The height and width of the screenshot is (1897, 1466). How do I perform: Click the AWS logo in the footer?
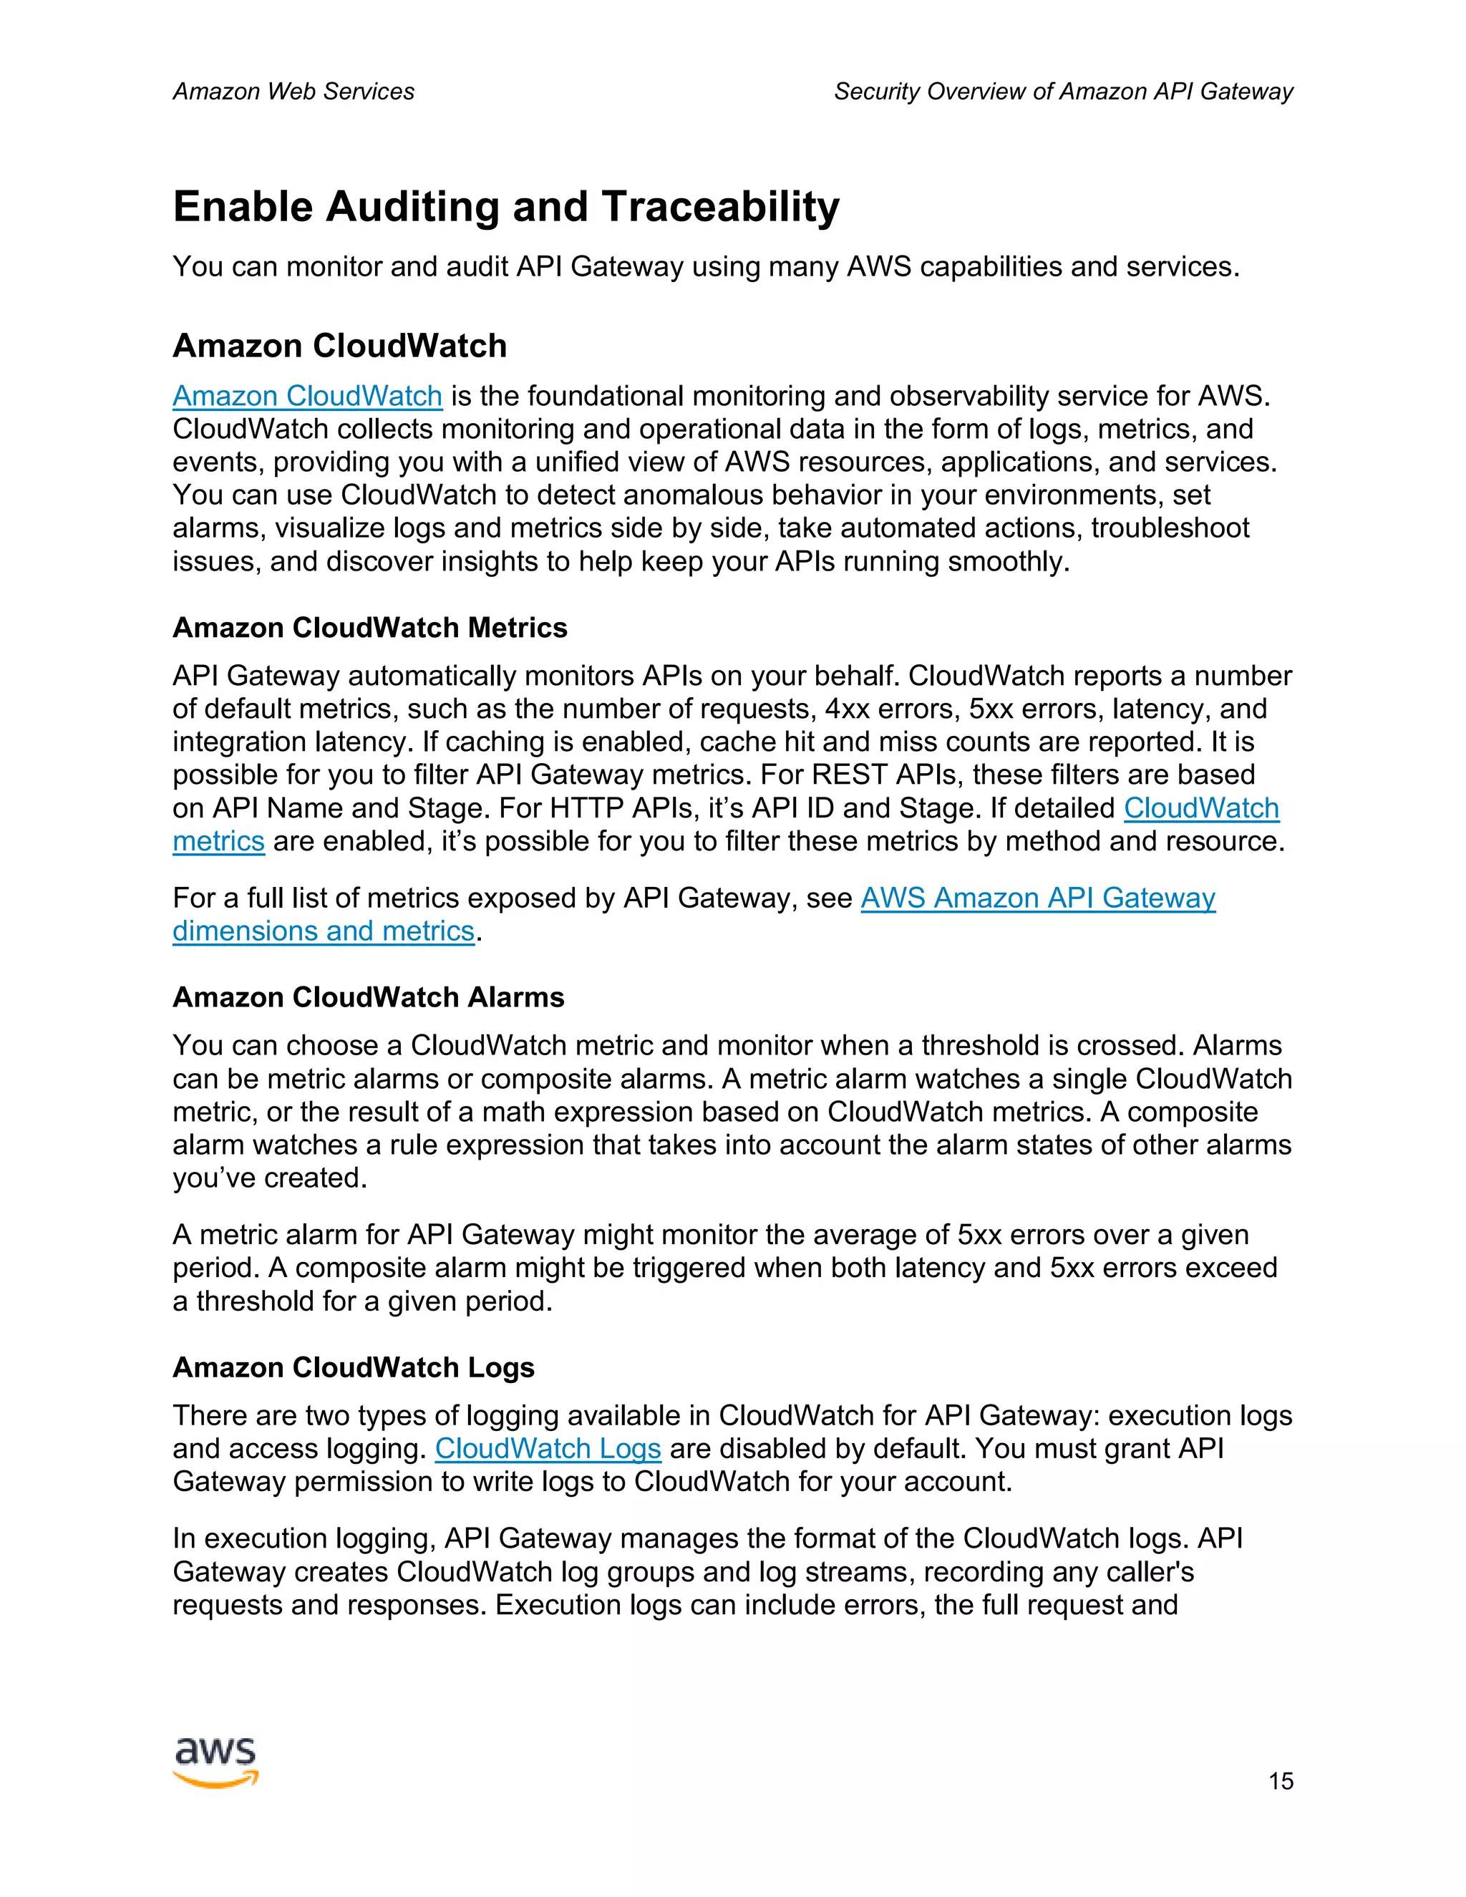(215, 1762)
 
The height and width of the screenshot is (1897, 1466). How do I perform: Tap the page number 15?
(1280, 1782)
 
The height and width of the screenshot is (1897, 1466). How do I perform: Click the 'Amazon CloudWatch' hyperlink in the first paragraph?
(307, 396)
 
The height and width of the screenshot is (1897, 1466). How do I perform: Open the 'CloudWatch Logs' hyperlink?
(548, 1449)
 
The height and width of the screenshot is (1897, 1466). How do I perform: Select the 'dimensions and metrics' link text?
(323, 931)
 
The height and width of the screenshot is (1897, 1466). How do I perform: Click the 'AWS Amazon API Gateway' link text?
(1038, 898)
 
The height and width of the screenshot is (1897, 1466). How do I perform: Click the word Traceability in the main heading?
(720, 207)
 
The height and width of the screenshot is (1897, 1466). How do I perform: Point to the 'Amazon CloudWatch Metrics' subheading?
(369, 628)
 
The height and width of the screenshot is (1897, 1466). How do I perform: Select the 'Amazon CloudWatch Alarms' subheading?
(368, 997)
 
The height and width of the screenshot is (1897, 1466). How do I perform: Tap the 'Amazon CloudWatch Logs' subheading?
(354, 1367)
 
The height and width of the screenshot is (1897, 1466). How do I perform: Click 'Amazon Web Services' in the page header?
(293, 91)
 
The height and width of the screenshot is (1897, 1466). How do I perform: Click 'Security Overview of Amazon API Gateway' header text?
(1063, 91)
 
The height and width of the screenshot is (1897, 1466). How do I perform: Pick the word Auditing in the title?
(412, 207)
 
